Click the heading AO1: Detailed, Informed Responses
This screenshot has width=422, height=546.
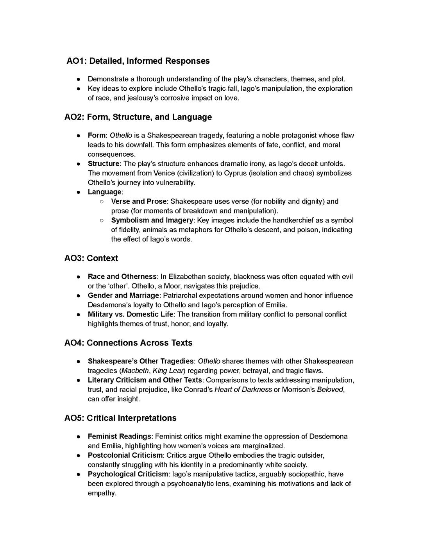(x=138, y=61)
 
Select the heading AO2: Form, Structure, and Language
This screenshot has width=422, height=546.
(x=138, y=117)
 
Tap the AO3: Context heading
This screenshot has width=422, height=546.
(x=91, y=258)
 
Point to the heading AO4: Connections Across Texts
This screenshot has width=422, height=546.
(x=128, y=343)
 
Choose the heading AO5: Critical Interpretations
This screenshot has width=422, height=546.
(x=120, y=418)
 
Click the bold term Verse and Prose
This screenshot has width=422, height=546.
(x=139, y=202)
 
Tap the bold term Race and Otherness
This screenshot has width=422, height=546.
(x=122, y=277)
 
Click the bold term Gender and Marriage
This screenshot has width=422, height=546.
(x=123, y=295)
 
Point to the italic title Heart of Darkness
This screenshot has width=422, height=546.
(x=243, y=390)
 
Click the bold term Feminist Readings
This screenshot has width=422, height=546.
(x=119, y=437)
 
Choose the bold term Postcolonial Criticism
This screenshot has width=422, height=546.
(x=125, y=455)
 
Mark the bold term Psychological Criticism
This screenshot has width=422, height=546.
(x=128, y=474)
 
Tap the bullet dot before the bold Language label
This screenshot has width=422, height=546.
(x=79, y=192)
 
